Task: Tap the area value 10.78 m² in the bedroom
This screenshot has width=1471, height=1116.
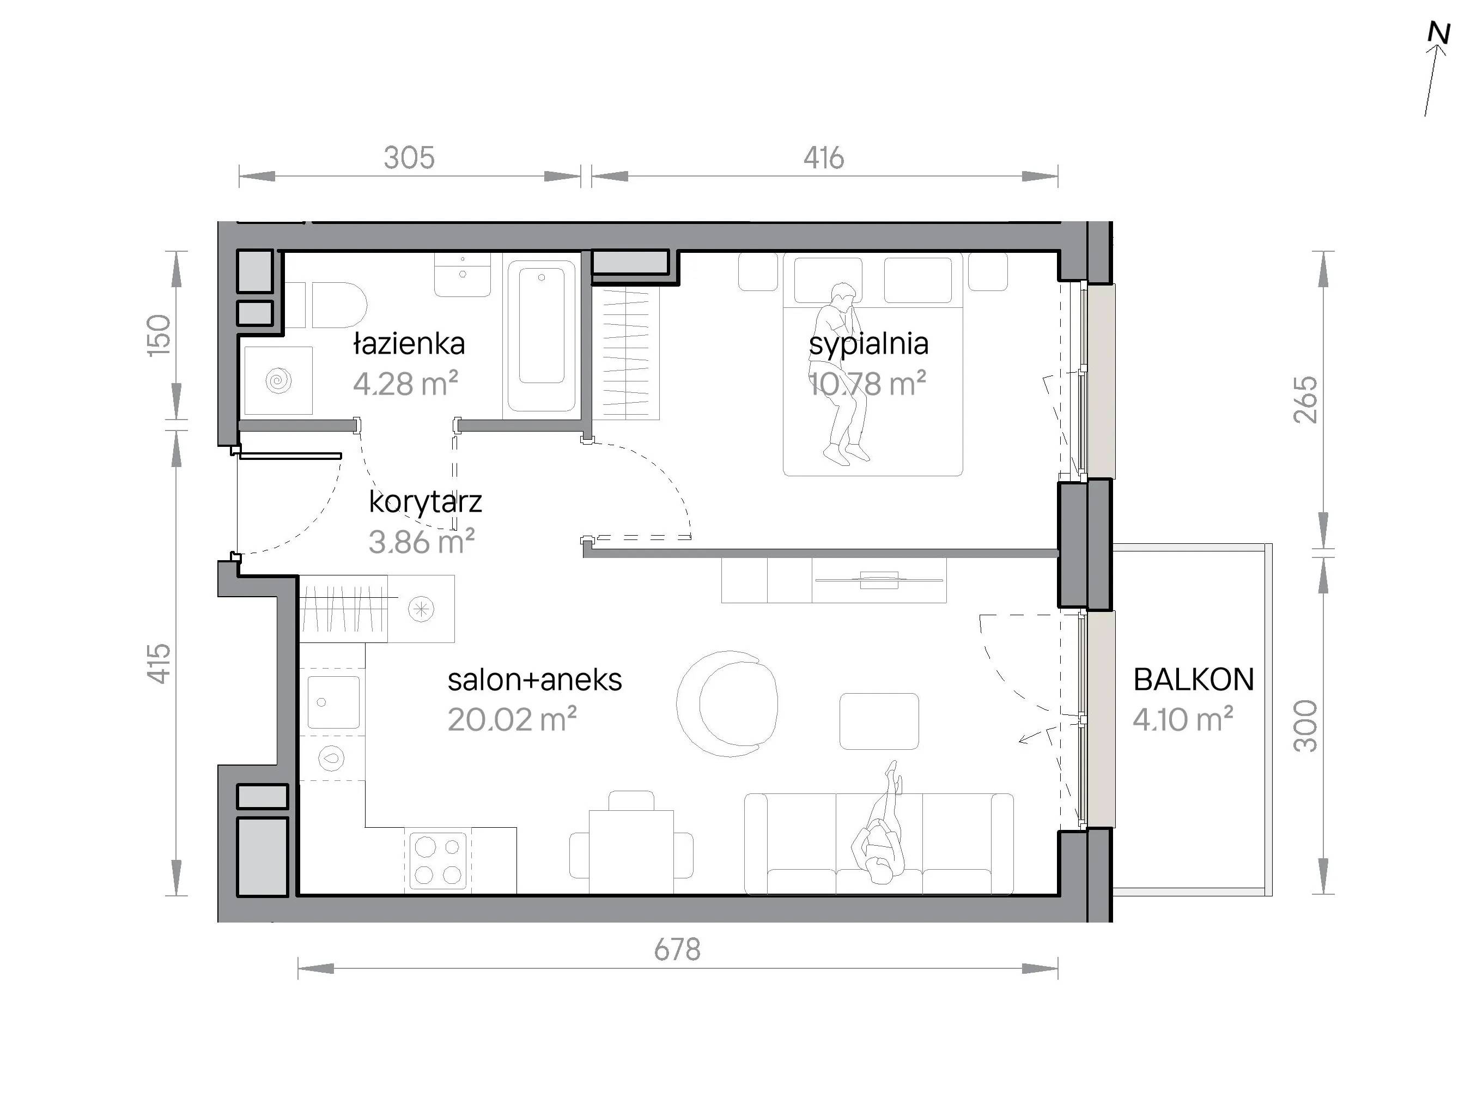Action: pos(867,384)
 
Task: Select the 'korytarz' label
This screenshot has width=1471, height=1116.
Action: pos(426,502)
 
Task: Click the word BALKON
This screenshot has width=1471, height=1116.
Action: pos(1194,680)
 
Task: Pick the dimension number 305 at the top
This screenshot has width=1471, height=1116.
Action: pos(409,157)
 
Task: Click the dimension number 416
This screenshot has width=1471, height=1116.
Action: pos(823,157)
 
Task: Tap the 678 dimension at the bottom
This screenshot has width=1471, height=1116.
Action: pos(677,950)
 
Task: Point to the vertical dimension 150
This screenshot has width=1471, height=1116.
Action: pos(159,335)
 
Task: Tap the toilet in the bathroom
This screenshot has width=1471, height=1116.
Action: pos(336,305)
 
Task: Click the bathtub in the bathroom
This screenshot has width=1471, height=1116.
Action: pos(542,335)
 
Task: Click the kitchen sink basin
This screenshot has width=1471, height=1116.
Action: pos(333,702)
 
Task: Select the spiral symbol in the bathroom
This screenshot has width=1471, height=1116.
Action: pos(278,381)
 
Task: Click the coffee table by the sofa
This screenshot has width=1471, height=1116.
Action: pos(879,721)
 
